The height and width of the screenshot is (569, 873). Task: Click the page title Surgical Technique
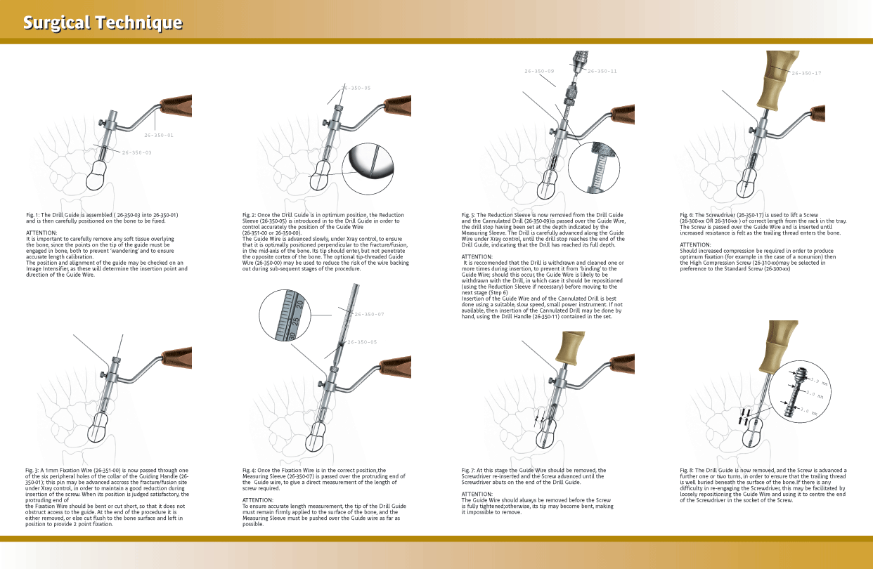click(x=103, y=22)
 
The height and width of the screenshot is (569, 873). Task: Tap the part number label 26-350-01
click(x=159, y=135)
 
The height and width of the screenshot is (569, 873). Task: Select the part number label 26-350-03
click(x=136, y=152)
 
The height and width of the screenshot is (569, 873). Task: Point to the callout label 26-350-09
click(x=539, y=72)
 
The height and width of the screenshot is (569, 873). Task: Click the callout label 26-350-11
click(x=602, y=72)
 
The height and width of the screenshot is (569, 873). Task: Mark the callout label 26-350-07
click(x=369, y=315)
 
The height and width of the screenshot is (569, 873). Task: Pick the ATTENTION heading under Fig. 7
click(x=477, y=494)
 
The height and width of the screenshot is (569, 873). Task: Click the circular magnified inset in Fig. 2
click(x=368, y=169)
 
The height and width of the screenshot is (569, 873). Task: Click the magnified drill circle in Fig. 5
click(x=594, y=169)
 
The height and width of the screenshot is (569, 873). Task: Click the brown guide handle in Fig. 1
click(x=176, y=106)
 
